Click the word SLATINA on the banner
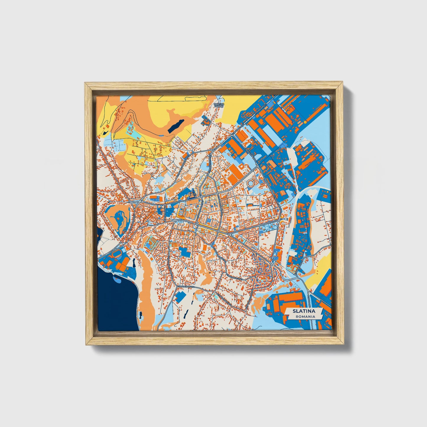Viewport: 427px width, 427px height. click(x=303, y=311)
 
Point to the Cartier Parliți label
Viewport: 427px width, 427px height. click(x=219, y=105)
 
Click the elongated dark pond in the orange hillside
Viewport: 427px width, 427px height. click(x=176, y=126)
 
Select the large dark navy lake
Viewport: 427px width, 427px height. click(x=117, y=304)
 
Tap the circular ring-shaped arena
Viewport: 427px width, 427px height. click(x=251, y=183)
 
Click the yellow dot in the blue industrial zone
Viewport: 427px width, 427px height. click(x=305, y=122)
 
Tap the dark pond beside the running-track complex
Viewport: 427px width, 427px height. click(x=134, y=262)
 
